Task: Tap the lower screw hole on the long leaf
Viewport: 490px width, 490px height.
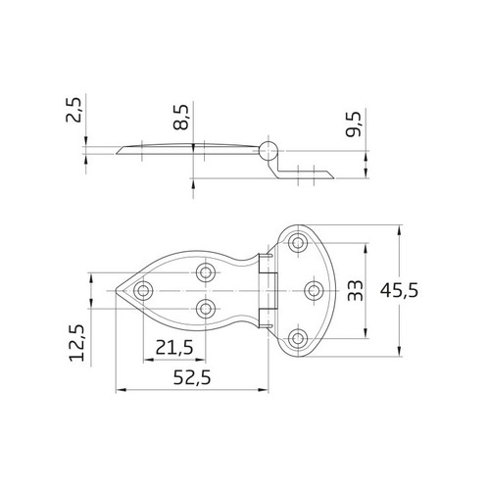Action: point(206,309)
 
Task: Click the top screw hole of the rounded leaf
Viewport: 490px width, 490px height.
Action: point(298,242)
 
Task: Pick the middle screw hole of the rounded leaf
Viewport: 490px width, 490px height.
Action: point(315,290)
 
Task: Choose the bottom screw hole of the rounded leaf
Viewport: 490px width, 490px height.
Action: point(298,339)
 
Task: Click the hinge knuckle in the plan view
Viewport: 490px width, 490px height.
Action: point(268,290)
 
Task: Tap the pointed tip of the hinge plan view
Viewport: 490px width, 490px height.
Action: point(119,291)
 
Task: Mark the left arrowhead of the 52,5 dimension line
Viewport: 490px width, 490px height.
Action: point(120,388)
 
